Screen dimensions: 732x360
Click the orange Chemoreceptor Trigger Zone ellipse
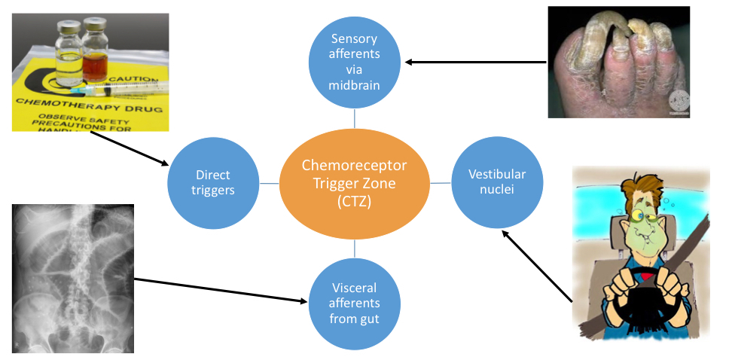point(355,184)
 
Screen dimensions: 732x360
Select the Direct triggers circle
point(213,183)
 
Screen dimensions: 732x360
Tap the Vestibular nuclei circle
point(497,182)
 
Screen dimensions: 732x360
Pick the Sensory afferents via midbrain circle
point(355,62)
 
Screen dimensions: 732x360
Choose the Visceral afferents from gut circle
point(355,303)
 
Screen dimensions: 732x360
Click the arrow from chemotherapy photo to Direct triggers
point(129,148)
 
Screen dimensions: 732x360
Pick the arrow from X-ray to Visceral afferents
point(221,291)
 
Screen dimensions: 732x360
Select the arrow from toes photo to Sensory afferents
point(475,62)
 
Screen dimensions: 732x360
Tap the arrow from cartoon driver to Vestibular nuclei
point(537,265)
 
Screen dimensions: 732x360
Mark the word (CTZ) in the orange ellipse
point(354,203)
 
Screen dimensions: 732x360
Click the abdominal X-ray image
point(73,279)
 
